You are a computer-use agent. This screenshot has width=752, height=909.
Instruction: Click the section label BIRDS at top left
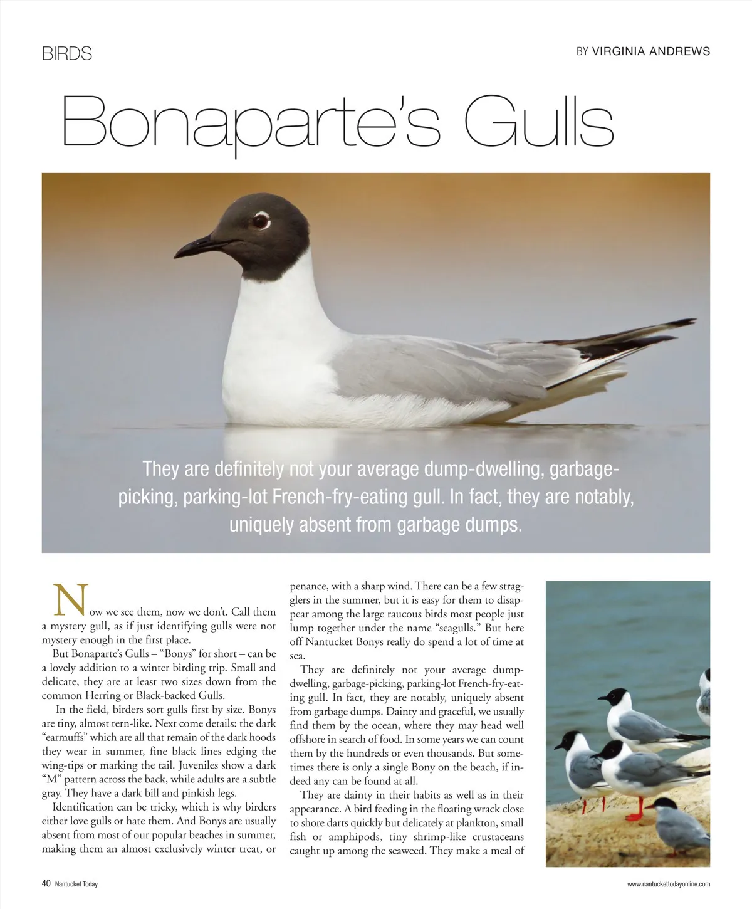[67, 54]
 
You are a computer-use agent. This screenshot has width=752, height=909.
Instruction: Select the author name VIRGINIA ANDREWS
[651, 51]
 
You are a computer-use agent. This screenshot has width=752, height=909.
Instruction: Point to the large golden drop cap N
[70, 600]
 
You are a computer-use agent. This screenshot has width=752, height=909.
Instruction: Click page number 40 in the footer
[46, 884]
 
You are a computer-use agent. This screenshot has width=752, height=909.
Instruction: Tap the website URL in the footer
[669, 885]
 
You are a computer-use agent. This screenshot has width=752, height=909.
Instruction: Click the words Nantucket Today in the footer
[76, 885]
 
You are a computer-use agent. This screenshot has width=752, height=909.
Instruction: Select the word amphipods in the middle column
[349, 837]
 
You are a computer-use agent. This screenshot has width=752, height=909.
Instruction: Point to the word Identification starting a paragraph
[83, 807]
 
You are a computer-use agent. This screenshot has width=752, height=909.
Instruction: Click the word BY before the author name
[582, 51]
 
